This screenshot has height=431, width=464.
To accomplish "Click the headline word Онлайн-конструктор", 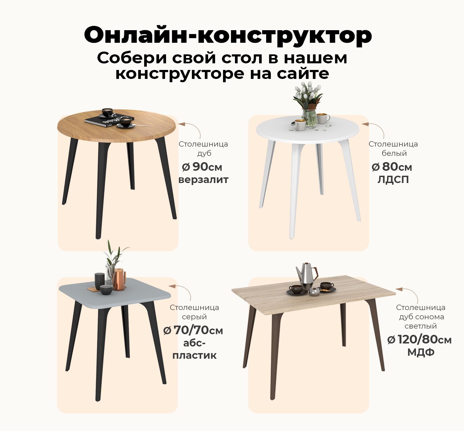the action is click(228, 35).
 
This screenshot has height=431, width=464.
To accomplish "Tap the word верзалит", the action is click(203, 180).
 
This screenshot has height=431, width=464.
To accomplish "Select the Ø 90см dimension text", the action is click(202, 167).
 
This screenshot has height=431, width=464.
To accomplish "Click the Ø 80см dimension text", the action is click(392, 167).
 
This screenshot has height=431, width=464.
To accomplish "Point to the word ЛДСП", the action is click(393, 180).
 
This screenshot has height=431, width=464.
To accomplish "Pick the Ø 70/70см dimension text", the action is click(193, 331).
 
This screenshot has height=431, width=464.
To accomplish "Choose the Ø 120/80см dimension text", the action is click(419, 340).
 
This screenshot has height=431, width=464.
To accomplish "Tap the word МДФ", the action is click(421, 352).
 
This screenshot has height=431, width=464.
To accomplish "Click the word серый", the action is click(195, 317).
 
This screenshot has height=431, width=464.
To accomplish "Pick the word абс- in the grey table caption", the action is click(195, 343).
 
